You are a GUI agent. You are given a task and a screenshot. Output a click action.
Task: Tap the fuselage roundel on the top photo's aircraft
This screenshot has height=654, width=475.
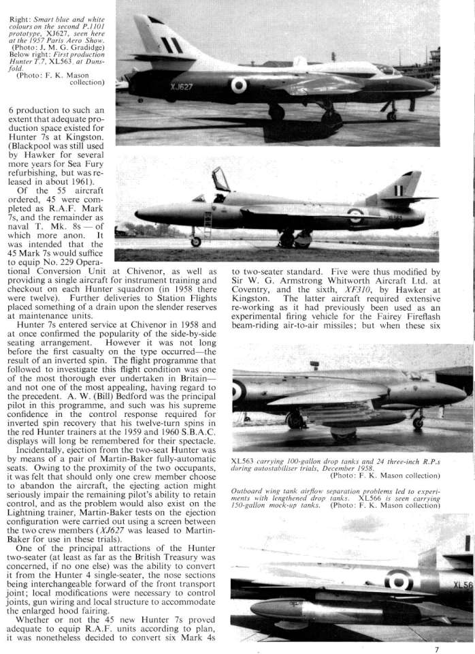(x=239, y=85)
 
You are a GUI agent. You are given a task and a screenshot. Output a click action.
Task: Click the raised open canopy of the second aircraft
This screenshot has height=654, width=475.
(x=220, y=179)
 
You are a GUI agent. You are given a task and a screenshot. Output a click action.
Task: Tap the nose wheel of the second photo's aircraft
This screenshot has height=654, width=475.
(x=196, y=241)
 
